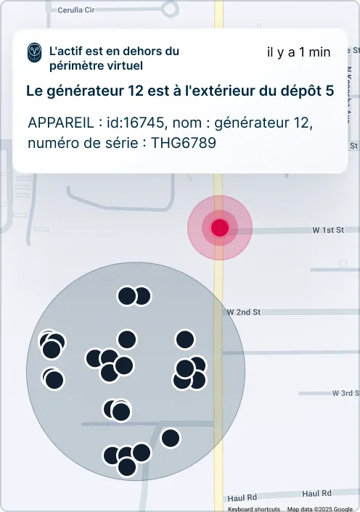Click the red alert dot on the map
pyautogui.click(x=220, y=228)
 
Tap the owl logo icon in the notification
pyautogui.click(x=35, y=52)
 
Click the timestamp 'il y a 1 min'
pyautogui.click(x=298, y=52)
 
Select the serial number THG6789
pyautogui.click(x=184, y=143)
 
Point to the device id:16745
pyautogui.click(x=135, y=123)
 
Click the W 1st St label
pyautogui.click(x=328, y=230)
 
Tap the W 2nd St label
pyautogui.click(x=244, y=312)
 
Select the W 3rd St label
pyautogui.click(x=345, y=393)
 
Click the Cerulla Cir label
pyautogui.click(x=76, y=10)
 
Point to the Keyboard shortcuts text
pyautogui.click(x=254, y=508)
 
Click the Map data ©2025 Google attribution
pyautogui.click(x=320, y=508)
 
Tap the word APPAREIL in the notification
pyautogui.click(x=61, y=123)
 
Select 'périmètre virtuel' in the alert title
pyautogui.click(x=96, y=66)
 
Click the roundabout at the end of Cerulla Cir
pyautogui.click(x=169, y=9)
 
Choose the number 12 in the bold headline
pyautogui.click(x=136, y=91)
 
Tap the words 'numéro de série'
pyautogui.click(x=83, y=143)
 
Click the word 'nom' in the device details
pyautogui.click(x=184, y=123)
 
